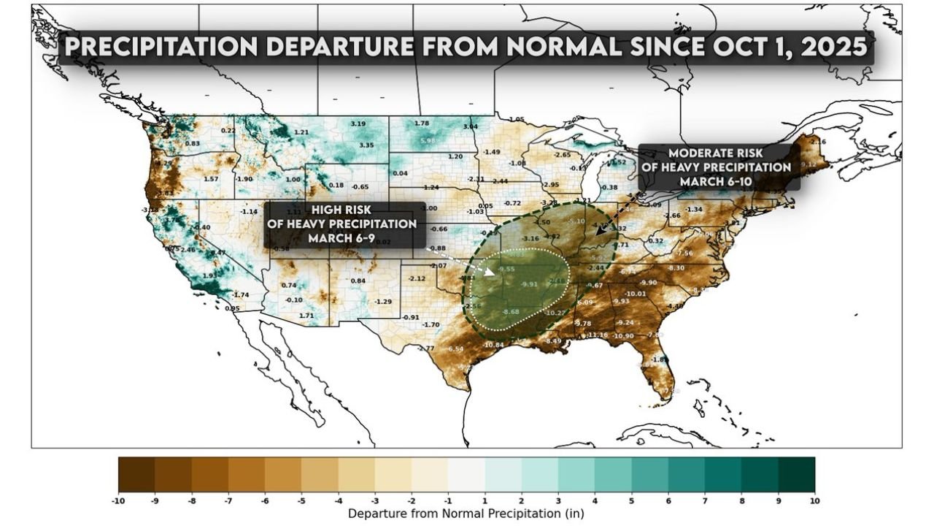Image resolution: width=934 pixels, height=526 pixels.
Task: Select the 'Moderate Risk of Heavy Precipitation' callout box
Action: point(719,167)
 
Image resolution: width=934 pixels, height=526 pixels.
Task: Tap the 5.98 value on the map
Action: point(428,140)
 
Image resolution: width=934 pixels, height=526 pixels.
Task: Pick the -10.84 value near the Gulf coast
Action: point(493,344)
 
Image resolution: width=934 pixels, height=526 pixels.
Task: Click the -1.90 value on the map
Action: point(244,179)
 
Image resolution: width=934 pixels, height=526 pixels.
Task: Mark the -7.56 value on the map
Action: point(684,253)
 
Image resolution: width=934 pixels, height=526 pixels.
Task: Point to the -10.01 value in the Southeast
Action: point(636,294)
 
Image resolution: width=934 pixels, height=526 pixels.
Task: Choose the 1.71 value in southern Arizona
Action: point(308,316)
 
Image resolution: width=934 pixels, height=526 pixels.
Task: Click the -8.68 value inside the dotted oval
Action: point(511,312)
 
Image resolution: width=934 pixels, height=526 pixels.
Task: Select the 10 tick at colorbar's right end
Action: point(814,501)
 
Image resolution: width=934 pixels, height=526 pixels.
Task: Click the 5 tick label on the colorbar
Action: point(631,501)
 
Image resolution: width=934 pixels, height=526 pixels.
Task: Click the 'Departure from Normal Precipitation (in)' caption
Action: point(466,514)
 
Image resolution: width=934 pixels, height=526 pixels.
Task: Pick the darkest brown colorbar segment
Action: point(136,475)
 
